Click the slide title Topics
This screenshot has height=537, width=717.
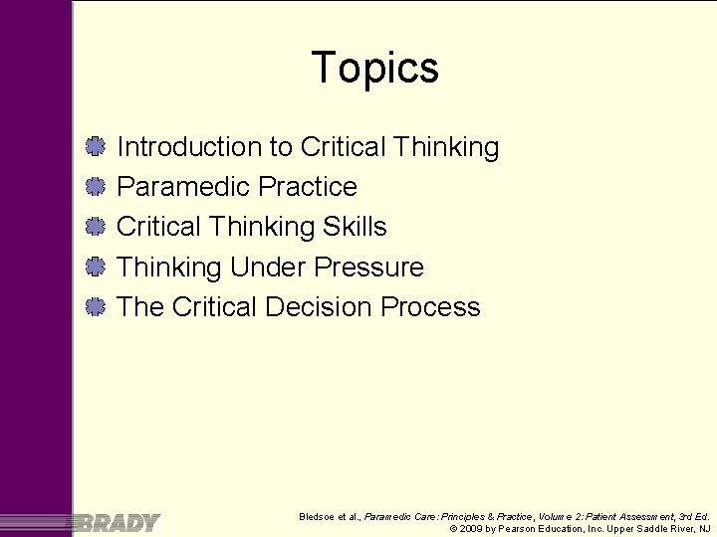(374, 68)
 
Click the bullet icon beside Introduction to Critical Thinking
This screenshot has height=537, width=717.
(96, 147)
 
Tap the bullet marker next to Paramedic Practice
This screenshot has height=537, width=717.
(96, 187)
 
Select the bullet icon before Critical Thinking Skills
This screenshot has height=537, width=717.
(96, 227)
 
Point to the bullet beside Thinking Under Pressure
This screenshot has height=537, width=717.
(96, 267)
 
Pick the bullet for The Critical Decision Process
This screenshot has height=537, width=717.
(96, 306)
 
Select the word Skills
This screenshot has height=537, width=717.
(355, 227)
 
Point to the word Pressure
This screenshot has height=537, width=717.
(368, 267)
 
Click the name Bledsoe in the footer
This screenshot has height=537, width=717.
(319, 517)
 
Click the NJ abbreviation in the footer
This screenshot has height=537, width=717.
(704, 530)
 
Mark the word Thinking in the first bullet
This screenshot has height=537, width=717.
(446, 147)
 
